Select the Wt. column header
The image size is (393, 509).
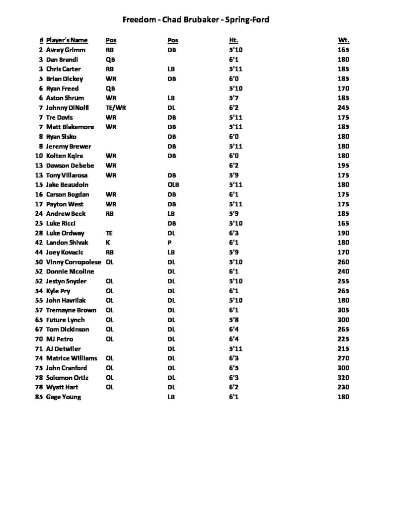[343, 40]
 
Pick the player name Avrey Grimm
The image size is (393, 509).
[66, 50]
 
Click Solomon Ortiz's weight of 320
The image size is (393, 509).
[343, 378]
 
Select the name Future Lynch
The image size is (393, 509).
[65, 320]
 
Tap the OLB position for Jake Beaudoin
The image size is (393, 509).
[173, 185]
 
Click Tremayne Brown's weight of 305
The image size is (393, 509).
[343, 310]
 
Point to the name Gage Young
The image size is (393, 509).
[63, 397]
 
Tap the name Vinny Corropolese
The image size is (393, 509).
[74, 262]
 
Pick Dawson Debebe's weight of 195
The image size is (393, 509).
[343, 166]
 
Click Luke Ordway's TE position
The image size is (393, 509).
[109, 233]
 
